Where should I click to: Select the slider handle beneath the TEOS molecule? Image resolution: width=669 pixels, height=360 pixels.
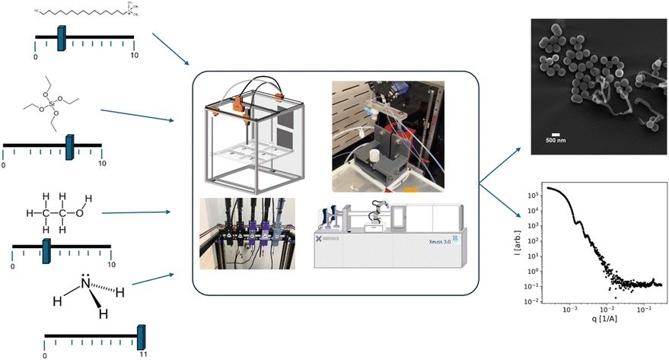(x=70, y=145)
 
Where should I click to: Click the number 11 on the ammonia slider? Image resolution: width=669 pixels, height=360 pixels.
(x=142, y=355)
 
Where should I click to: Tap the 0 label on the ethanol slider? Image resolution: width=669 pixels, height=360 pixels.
(x=13, y=267)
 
